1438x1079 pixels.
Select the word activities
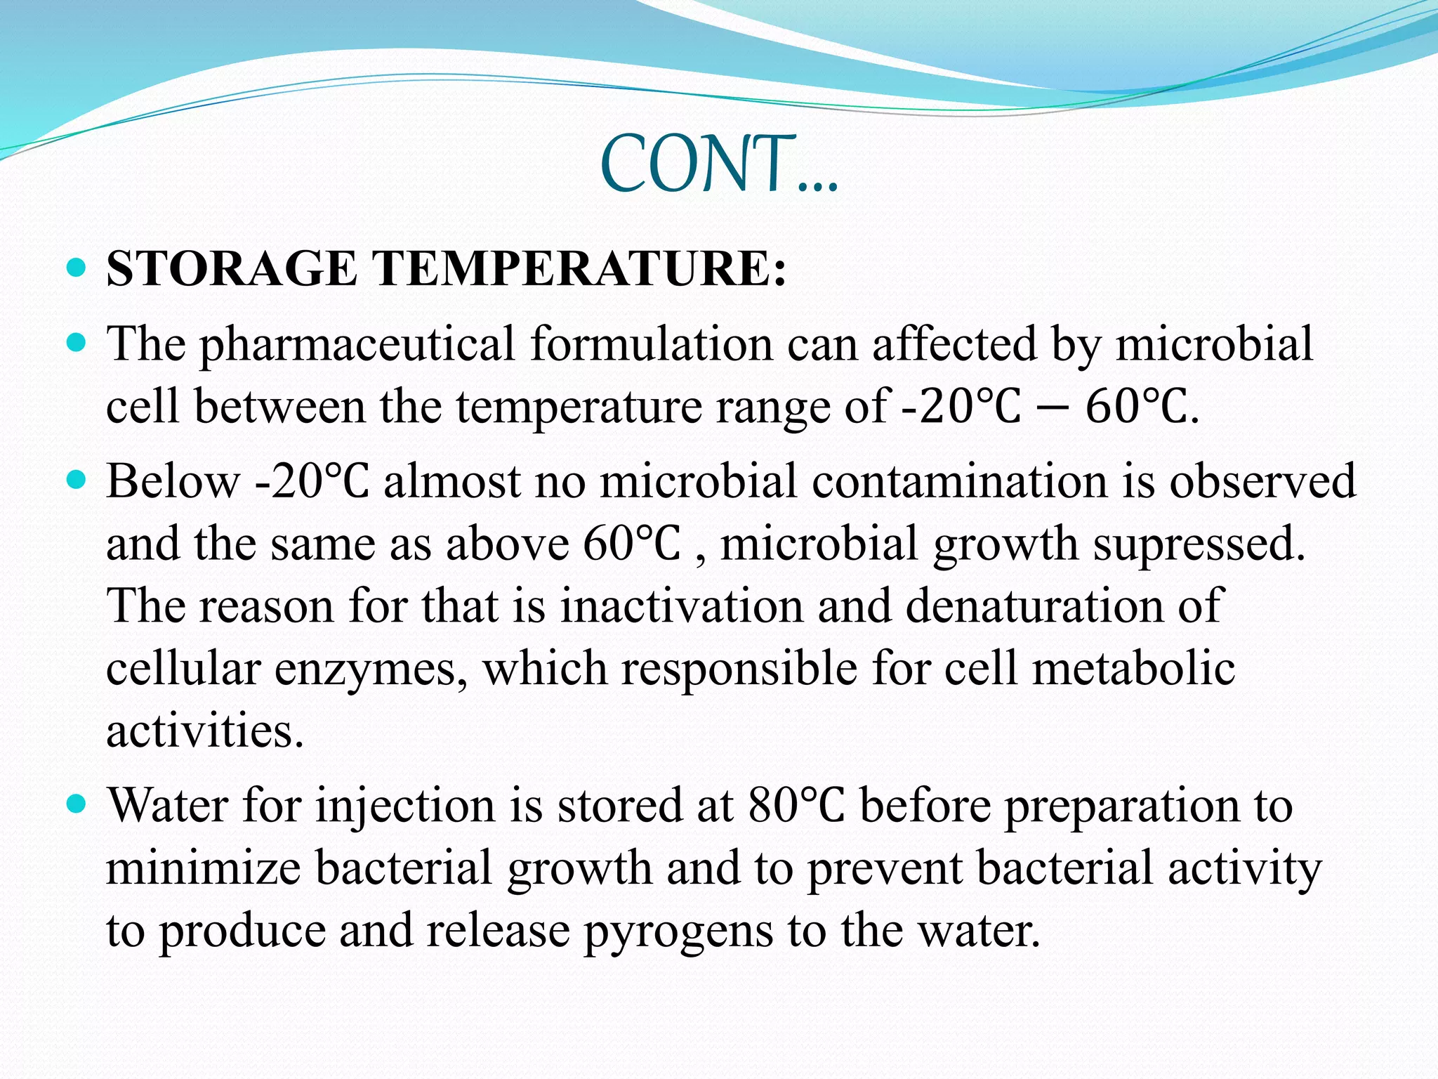tap(204, 731)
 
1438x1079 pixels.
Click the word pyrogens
tap(677, 931)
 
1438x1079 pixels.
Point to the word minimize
tap(203, 867)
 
